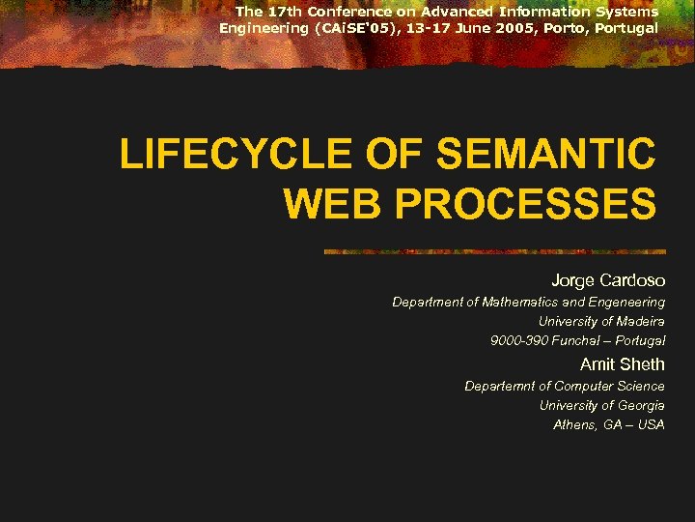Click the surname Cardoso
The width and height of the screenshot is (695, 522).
(633, 280)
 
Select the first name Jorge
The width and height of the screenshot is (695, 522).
(573, 280)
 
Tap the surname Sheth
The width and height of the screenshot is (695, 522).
(642, 364)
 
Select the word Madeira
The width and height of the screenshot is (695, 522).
(637, 322)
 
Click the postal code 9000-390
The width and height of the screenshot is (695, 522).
(517, 341)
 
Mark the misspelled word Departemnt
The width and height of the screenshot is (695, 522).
(499, 386)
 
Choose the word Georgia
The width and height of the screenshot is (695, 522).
(639, 405)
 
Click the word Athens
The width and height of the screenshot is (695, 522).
(573, 424)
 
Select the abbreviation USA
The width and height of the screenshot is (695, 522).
(651, 424)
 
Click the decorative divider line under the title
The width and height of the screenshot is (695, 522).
(492, 251)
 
